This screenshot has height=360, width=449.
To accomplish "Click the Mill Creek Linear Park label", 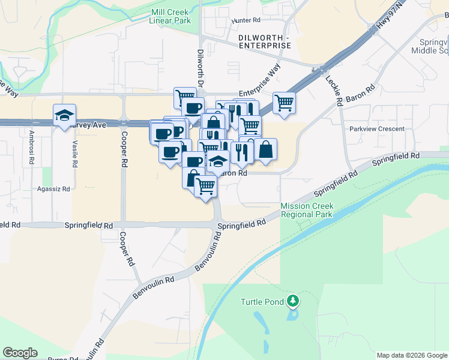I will [171, 16].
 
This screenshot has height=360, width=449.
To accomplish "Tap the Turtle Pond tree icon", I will [293, 299].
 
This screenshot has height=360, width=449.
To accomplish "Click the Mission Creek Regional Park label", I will [307, 210].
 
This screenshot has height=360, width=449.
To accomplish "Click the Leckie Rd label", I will [333, 90].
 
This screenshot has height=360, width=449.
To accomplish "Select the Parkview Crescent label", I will [373, 129].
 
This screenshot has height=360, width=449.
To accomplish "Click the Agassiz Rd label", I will [53, 188].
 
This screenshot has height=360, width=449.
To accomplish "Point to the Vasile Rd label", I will [75, 154].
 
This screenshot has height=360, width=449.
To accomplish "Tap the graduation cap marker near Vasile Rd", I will [64, 115].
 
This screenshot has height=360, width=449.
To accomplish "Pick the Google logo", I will [20, 353].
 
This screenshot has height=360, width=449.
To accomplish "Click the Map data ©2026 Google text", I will [411, 355].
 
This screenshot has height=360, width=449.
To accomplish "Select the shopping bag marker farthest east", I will [265, 149].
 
